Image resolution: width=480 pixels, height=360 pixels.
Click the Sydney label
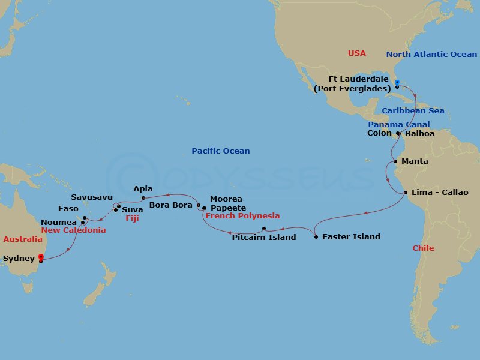19,259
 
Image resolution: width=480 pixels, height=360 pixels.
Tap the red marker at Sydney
40,257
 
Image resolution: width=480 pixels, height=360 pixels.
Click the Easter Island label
351,236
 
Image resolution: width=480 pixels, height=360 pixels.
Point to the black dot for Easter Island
316,237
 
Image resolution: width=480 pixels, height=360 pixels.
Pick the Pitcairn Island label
264,237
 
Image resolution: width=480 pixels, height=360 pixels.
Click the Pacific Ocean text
221,151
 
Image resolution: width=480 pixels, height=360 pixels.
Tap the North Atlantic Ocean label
431,55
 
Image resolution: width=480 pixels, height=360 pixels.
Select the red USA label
356,53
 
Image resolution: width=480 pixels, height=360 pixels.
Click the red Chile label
423,248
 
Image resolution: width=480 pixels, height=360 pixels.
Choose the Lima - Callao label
440,193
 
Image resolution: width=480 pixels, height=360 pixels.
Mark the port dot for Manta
395,161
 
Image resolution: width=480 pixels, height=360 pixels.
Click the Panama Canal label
399,124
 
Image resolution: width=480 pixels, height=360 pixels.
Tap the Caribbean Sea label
413,110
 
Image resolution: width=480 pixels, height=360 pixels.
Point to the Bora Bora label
171,205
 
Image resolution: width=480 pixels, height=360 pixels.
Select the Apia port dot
143,197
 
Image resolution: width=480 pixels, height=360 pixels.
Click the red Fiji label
133,219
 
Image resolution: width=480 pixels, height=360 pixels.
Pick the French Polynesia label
242,216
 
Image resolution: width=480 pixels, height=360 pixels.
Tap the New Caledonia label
73,230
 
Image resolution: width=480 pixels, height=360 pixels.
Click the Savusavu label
89,197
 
